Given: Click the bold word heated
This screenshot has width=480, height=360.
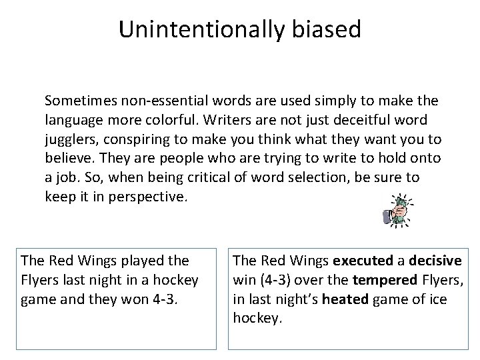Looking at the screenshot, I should (344, 298).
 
